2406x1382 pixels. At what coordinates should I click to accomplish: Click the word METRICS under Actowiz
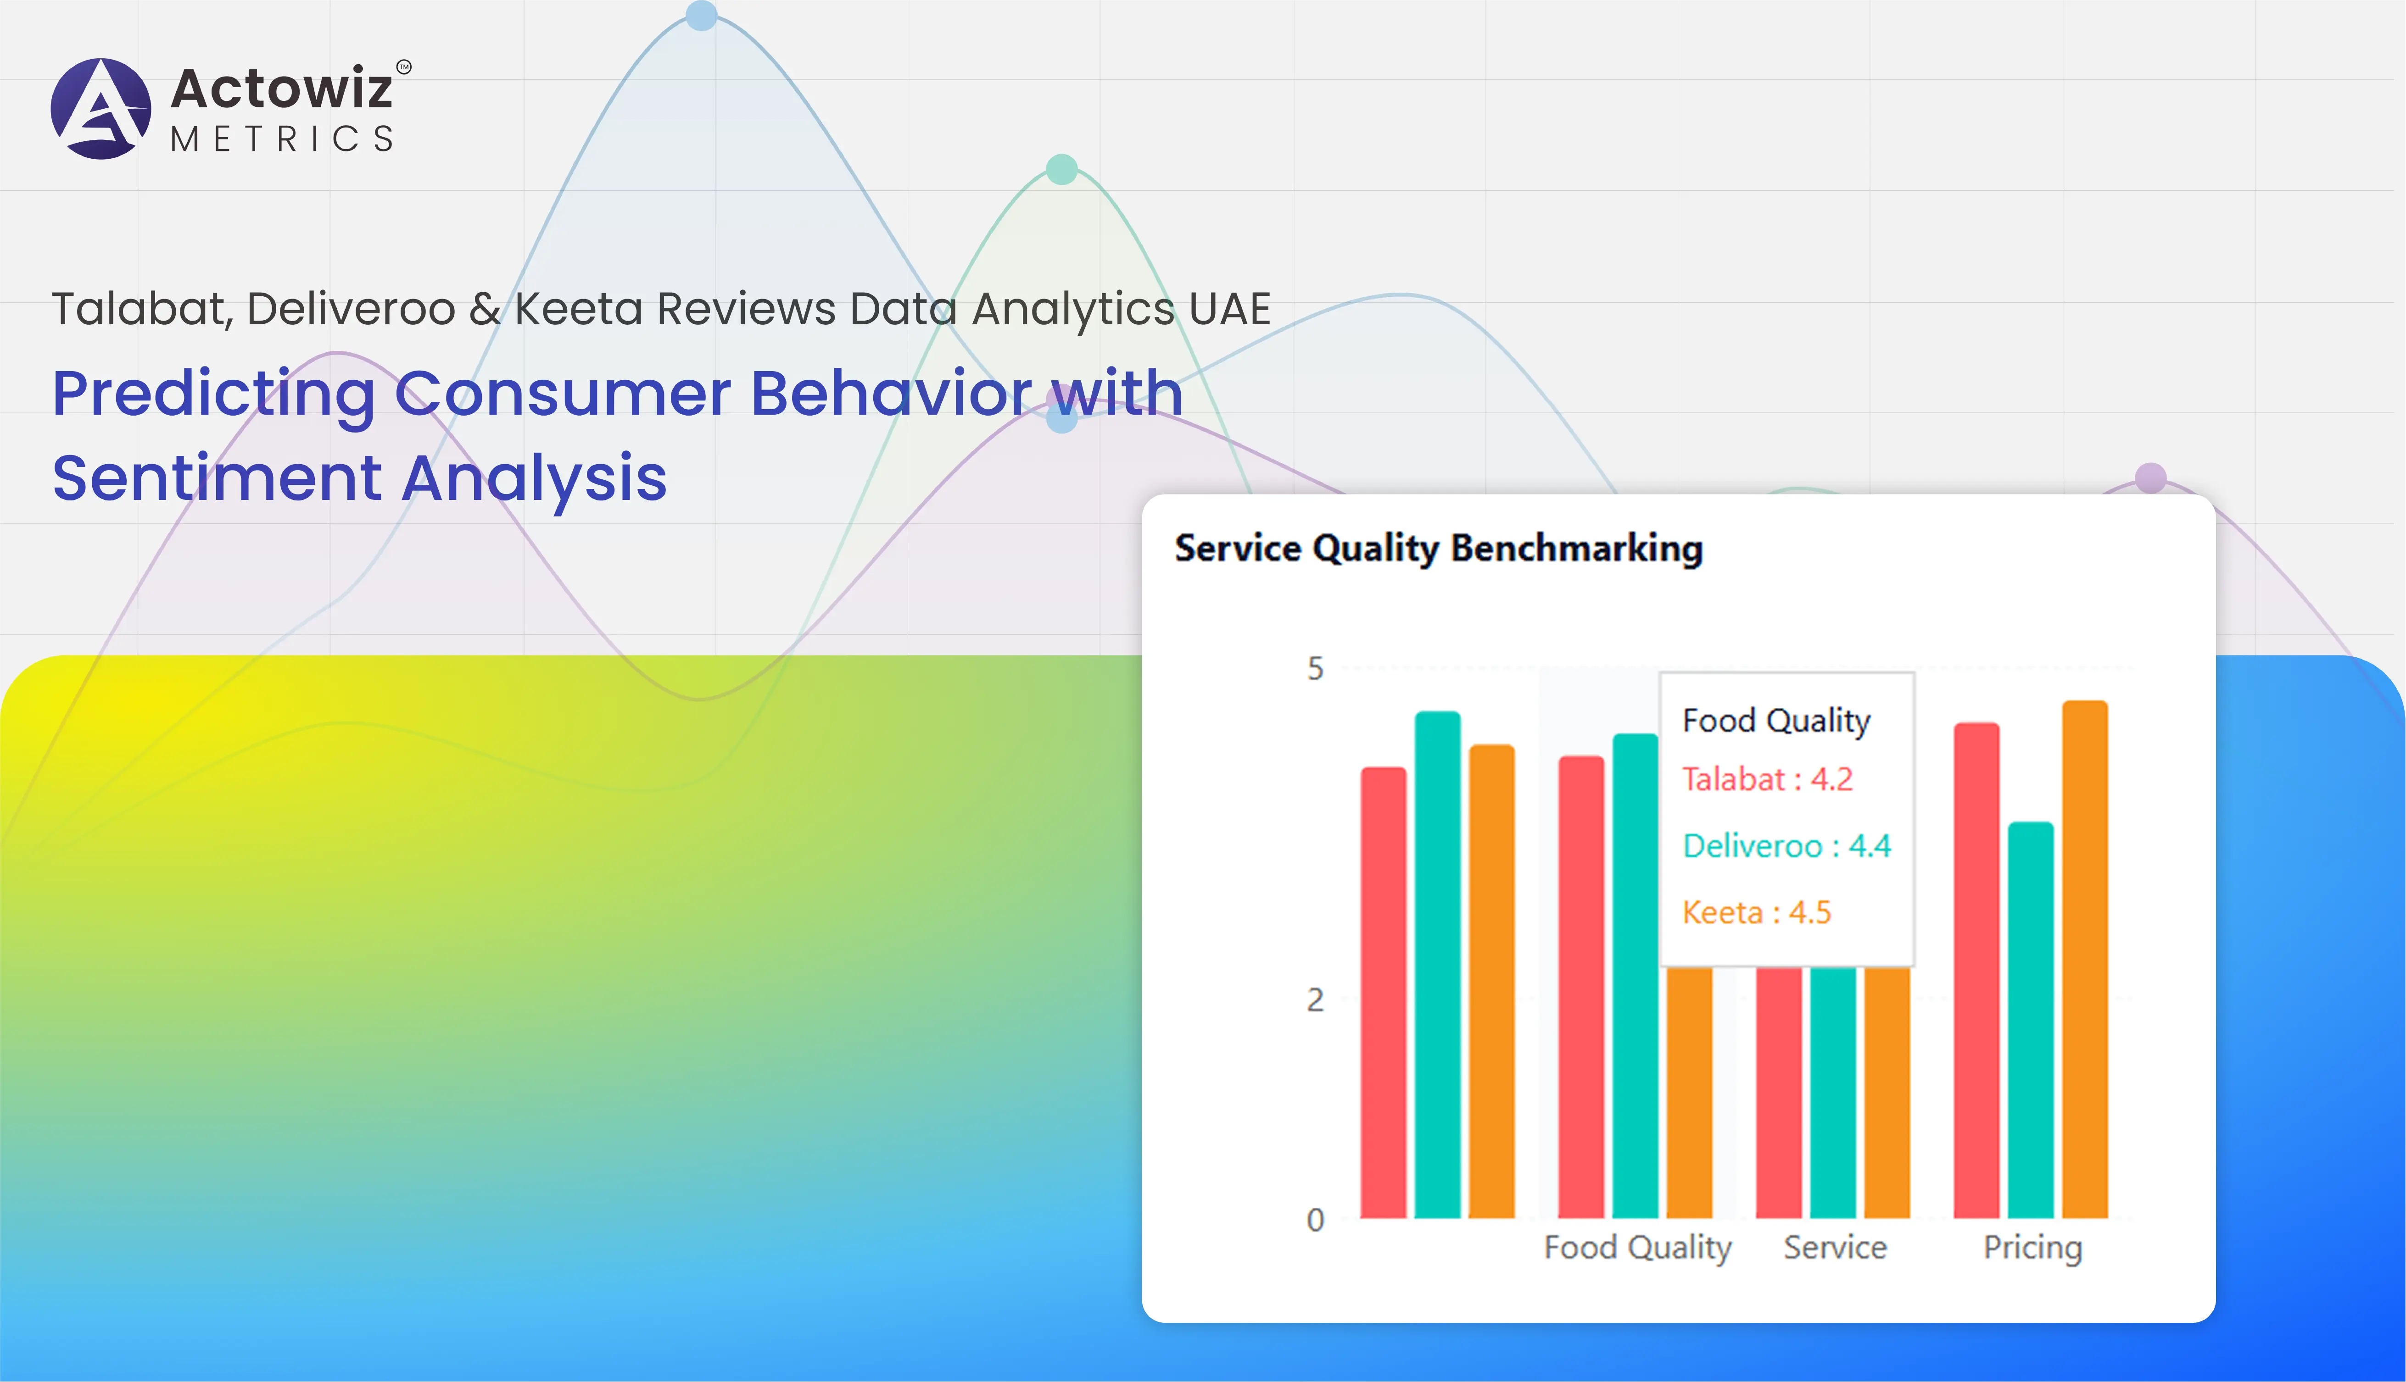click(282, 139)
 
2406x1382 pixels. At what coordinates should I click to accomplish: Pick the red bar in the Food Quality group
click(1581, 987)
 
